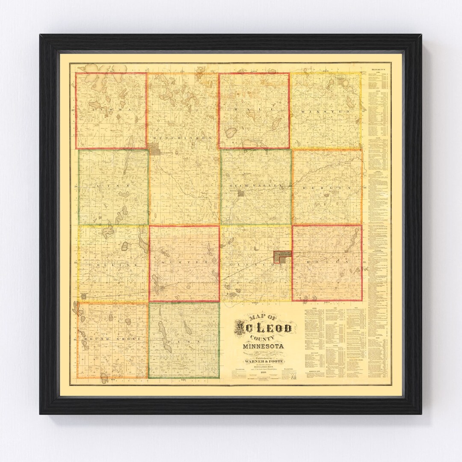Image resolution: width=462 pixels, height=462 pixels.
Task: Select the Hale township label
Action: [x=253, y=110]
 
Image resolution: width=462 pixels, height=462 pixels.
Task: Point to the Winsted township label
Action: [x=326, y=111]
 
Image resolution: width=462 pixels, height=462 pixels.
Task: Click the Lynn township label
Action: [x=112, y=187]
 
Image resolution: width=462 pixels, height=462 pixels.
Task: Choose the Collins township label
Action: [x=112, y=265]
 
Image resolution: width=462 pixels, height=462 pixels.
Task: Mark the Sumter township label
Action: [x=184, y=262]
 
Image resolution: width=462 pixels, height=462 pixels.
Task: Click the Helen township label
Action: [x=327, y=261]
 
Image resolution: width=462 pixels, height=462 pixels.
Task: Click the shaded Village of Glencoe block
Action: [x=283, y=256]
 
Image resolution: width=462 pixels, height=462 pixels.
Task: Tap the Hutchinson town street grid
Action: [x=157, y=151]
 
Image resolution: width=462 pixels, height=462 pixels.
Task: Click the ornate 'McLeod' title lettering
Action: [x=263, y=329]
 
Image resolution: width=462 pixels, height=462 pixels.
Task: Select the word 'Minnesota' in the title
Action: [x=263, y=346]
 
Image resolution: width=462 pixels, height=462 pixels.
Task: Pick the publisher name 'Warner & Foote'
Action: [x=264, y=361]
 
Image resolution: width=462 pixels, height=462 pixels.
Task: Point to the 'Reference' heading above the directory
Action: [x=378, y=69]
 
